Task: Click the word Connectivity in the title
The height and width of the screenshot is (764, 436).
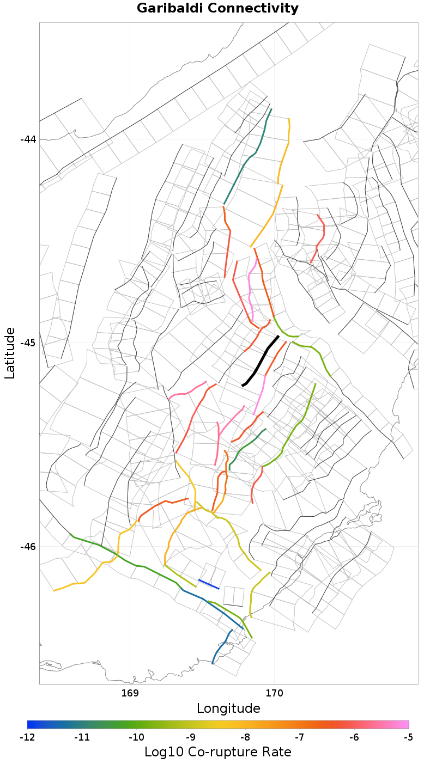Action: (x=251, y=9)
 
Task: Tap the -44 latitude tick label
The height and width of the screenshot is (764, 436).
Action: (x=28, y=139)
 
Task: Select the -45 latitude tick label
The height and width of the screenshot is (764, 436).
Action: (x=28, y=343)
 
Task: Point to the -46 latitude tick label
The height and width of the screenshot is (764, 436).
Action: (x=28, y=547)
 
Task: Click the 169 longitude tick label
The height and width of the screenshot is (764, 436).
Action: (x=130, y=693)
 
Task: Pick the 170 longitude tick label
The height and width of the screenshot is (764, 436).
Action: (x=274, y=693)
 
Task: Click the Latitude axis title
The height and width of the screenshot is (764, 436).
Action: (x=10, y=353)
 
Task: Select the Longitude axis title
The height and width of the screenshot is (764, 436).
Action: (x=228, y=708)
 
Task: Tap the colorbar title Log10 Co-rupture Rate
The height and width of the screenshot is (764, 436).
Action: (x=218, y=752)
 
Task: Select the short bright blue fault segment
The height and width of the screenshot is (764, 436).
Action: (x=209, y=584)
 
